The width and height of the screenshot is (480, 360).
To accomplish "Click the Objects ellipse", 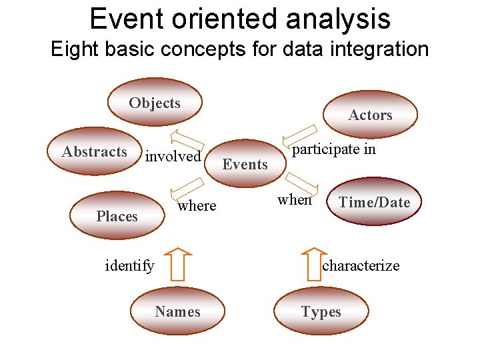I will pyautogui.click(x=155, y=103).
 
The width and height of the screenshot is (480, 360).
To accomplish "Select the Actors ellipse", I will pyautogui.click(x=370, y=115).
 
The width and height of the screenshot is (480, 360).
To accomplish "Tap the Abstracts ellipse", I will pyautogui.click(x=94, y=151).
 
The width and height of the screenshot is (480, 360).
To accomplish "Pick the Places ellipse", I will pyautogui.click(x=117, y=216).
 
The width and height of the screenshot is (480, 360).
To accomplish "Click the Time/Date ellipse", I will pyautogui.click(x=375, y=202).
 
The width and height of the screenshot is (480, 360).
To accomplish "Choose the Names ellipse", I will pyautogui.click(x=177, y=311).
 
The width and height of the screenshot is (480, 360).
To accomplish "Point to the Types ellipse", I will pyautogui.click(x=321, y=311).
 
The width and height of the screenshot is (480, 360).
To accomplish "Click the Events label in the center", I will pyautogui.click(x=245, y=164).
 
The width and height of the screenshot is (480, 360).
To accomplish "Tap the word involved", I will pyautogui.click(x=173, y=156).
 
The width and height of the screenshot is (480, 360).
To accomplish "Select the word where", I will pyautogui.click(x=197, y=205).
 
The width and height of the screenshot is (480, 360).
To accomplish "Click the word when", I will pyautogui.click(x=294, y=199).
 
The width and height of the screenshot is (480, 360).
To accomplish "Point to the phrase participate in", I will pyautogui.click(x=334, y=149).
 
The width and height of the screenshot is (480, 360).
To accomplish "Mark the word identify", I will pyautogui.click(x=129, y=265).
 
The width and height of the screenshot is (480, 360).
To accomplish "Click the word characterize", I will pyautogui.click(x=361, y=265).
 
